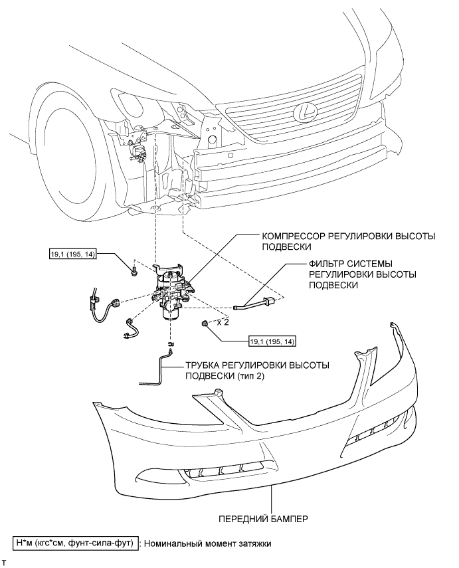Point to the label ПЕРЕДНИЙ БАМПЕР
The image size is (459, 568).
(x=263, y=519)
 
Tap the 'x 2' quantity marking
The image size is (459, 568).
(x=223, y=322)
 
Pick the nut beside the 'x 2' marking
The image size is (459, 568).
(x=205, y=323)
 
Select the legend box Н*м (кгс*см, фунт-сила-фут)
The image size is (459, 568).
(x=75, y=543)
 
